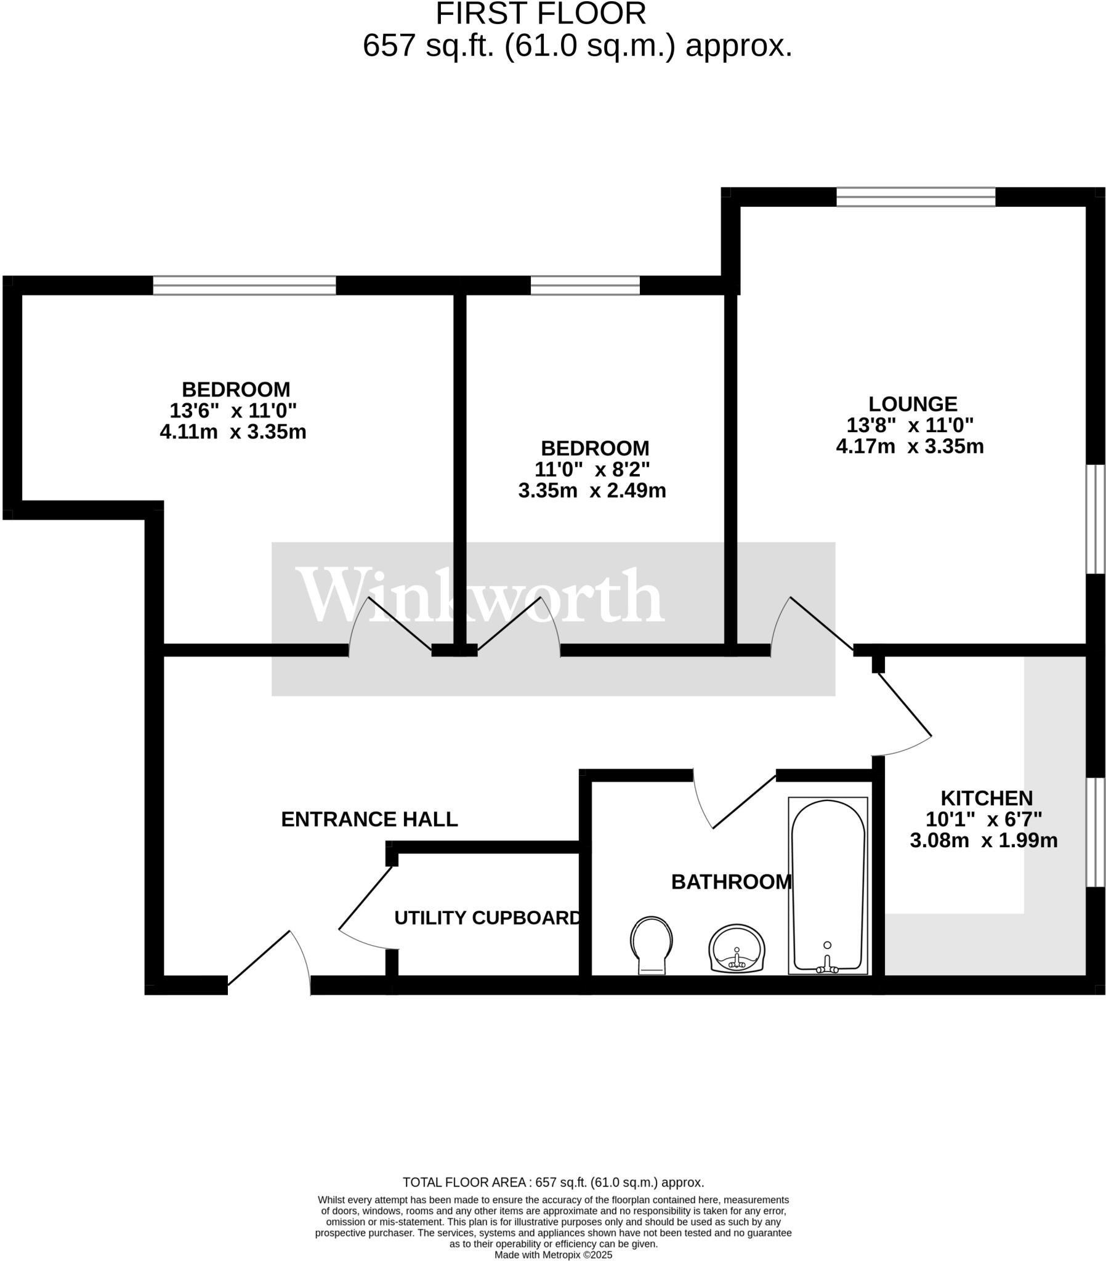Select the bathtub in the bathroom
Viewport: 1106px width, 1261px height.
tap(828, 886)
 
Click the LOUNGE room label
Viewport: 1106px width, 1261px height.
tap(912, 404)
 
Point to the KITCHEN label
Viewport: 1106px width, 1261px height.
tap(986, 799)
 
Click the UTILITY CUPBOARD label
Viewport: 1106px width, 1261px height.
tap(487, 918)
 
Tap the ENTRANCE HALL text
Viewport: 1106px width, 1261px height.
tap(369, 820)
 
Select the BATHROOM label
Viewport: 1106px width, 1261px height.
tap(731, 882)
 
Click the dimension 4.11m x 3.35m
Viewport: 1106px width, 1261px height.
tap(233, 432)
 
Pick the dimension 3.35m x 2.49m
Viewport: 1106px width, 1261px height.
tap(591, 491)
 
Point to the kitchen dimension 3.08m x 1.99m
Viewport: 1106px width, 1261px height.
tap(983, 840)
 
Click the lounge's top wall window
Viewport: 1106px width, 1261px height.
tap(915, 197)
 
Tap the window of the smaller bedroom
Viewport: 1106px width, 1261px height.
tap(584, 286)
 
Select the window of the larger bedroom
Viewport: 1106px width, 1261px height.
tap(244, 286)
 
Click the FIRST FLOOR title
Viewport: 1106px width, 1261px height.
tap(541, 14)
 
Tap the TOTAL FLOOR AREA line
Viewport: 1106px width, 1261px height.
tap(553, 1183)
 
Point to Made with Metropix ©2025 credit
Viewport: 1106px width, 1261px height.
tap(553, 1255)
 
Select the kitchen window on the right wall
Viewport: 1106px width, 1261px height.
tap(1097, 832)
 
